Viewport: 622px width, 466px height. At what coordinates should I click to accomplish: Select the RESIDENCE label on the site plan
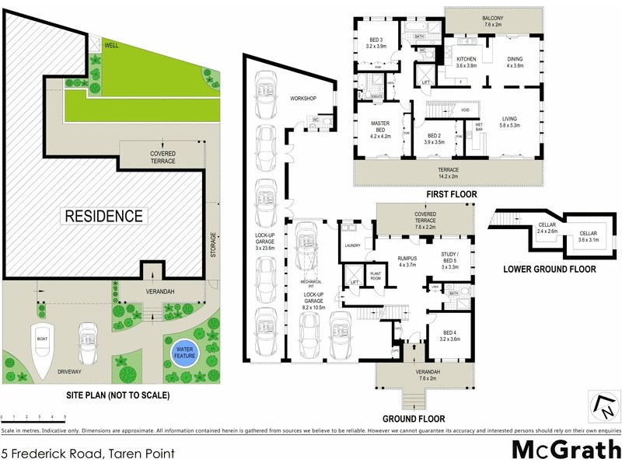(x=103, y=216)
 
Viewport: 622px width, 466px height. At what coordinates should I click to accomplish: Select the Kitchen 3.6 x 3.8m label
(x=466, y=63)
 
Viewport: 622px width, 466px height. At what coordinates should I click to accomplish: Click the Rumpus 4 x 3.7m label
(x=408, y=262)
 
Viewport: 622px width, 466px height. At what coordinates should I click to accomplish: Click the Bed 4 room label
(x=450, y=336)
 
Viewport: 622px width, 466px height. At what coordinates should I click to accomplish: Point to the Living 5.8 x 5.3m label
(x=510, y=123)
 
